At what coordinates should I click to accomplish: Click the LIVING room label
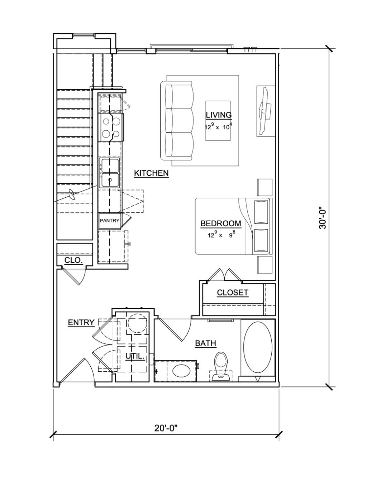click(219, 115)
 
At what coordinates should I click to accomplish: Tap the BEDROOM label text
click(221, 223)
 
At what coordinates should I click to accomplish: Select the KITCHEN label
click(151, 173)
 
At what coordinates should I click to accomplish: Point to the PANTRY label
click(110, 221)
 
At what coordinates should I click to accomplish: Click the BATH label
click(206, 343)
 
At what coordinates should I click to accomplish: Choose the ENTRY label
click(81, 323)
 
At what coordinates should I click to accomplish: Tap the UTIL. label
click(135, 357)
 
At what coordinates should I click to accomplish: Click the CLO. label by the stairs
click(73, 260)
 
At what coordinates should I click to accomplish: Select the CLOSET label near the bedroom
click(233, 293)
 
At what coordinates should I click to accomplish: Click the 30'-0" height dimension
click(323, 218)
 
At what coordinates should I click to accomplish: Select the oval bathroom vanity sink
click(181, 371)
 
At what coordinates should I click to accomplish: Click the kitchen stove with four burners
click(111, 127)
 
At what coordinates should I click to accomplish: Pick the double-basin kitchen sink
click(109, 173)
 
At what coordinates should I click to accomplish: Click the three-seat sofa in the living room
click(177, 121)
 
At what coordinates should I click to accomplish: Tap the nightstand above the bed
click(264, 187)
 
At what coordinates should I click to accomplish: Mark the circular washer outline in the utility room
click(137, 324)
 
